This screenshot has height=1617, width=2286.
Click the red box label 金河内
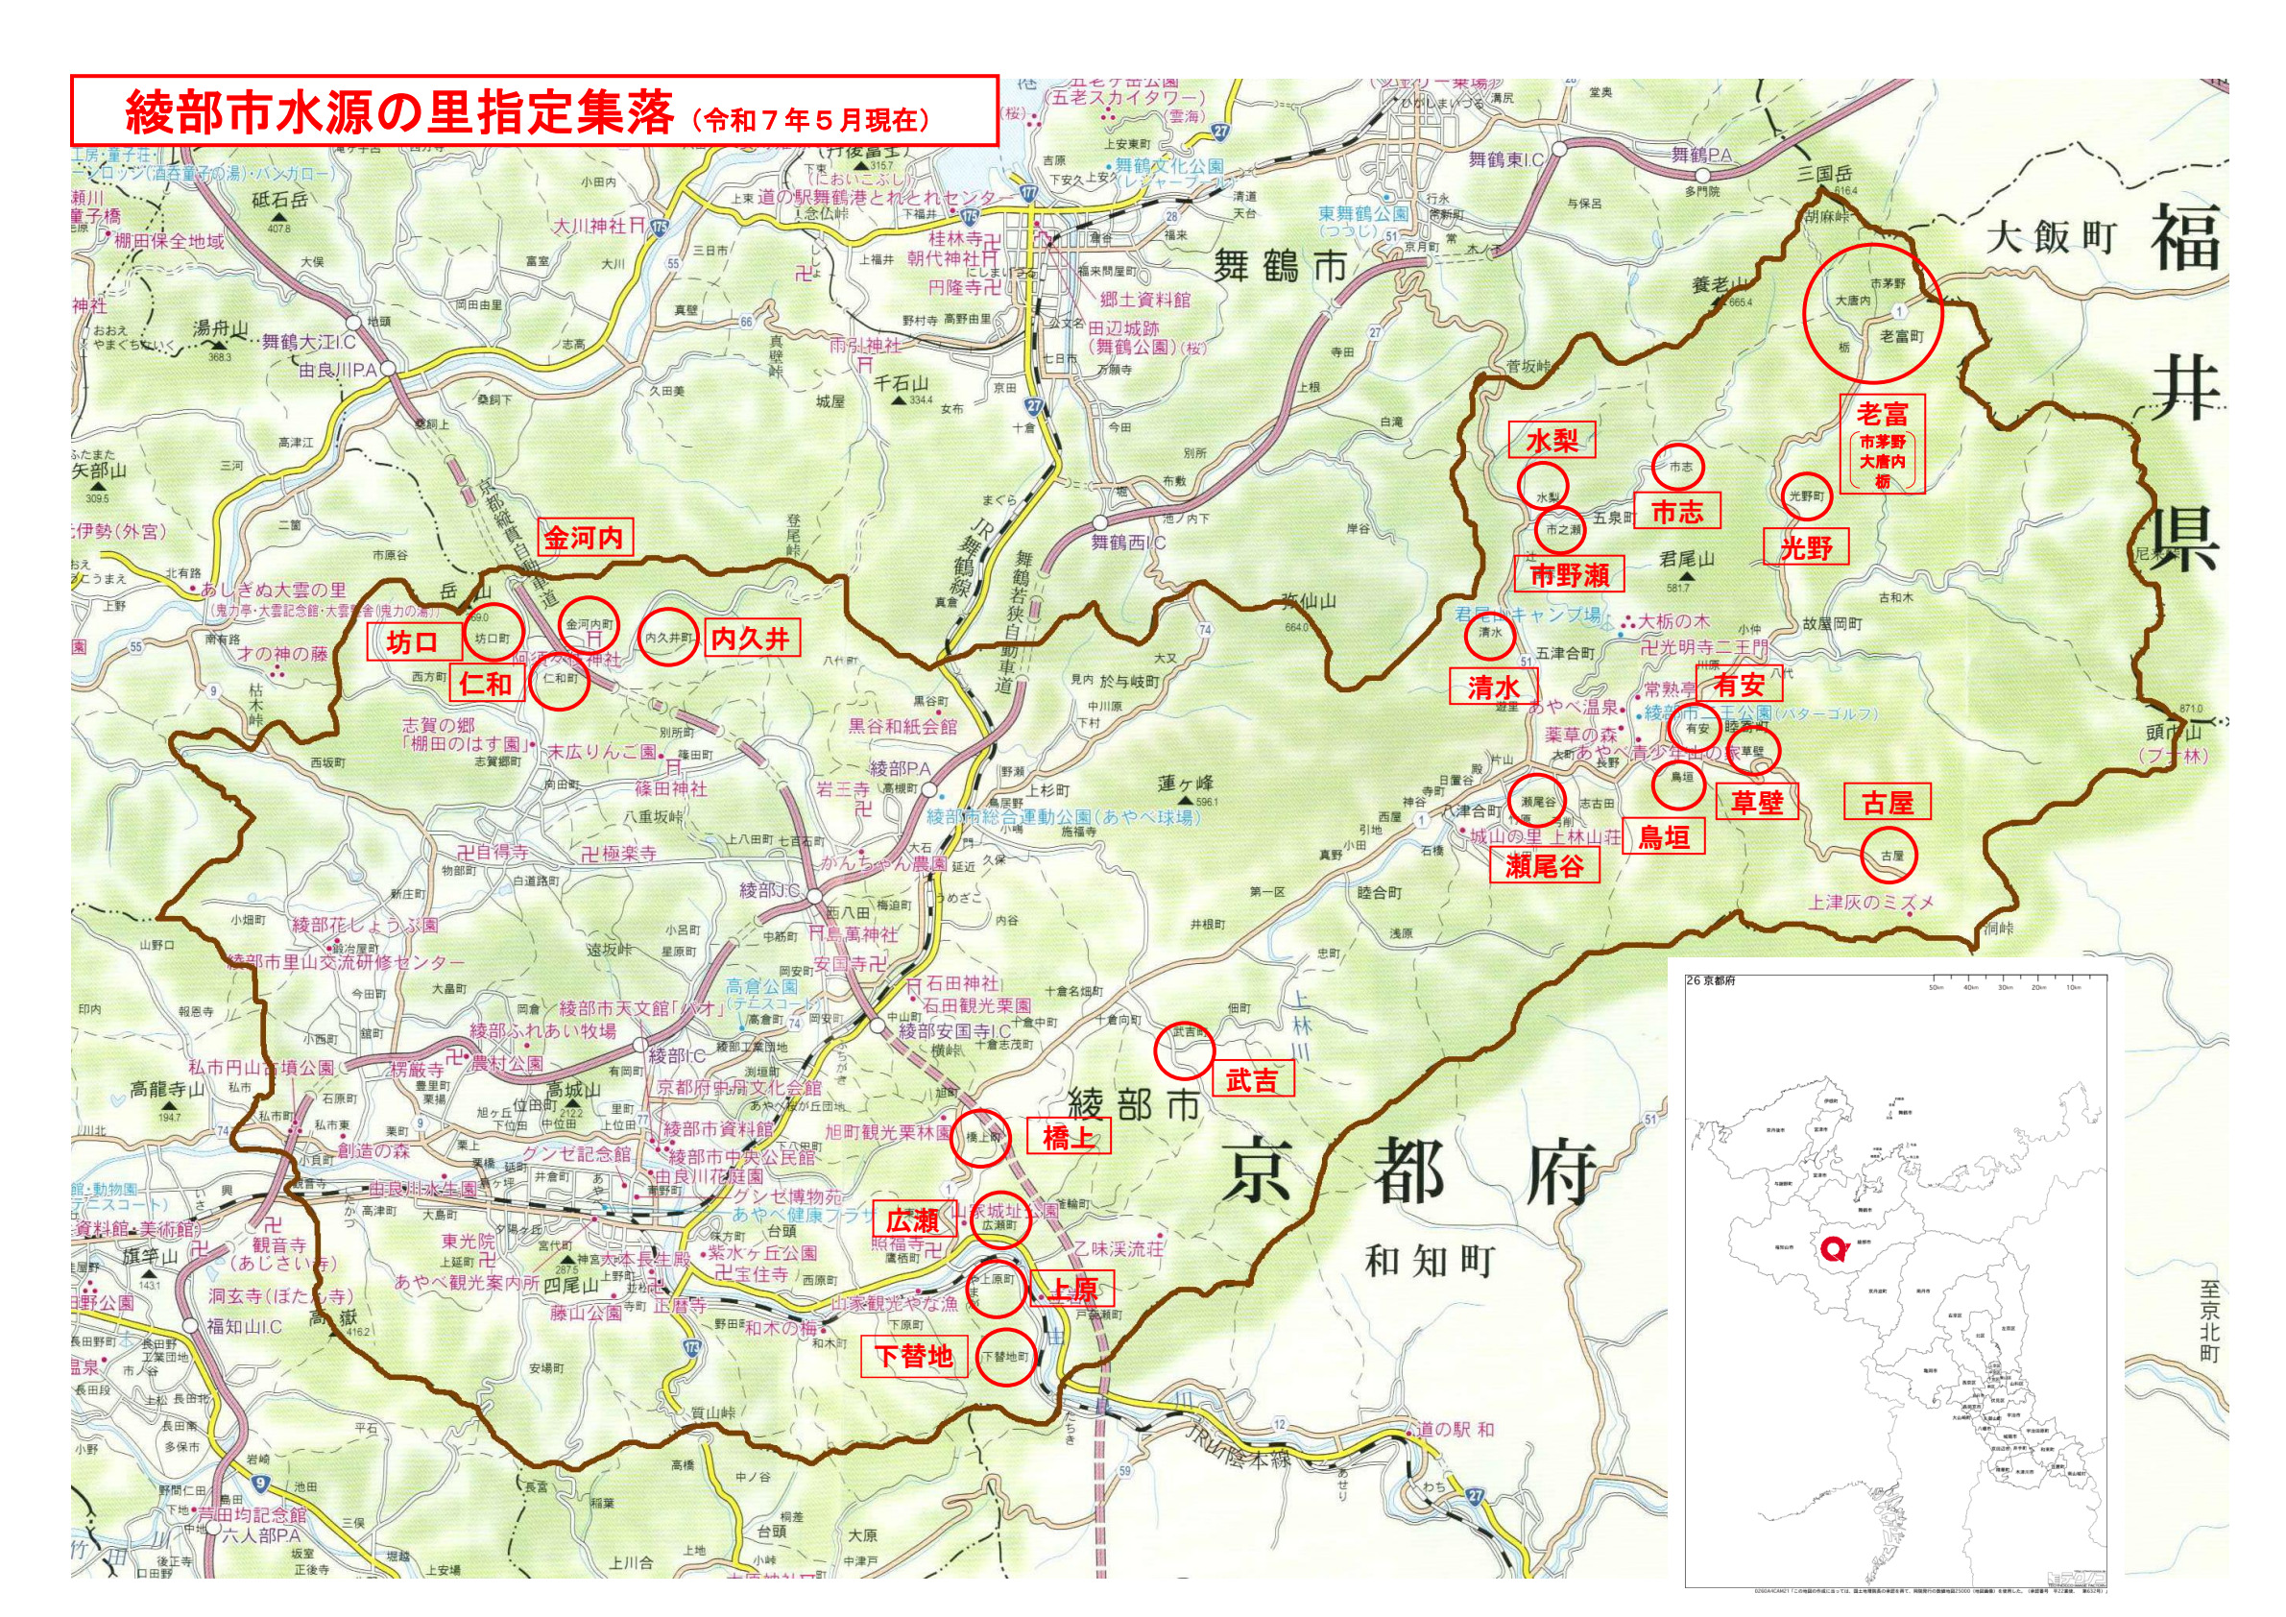click(x=584, y=539)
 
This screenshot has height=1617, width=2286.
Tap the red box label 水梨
click(x=1552, y=441)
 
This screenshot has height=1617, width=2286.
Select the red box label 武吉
click(x=1252, y=1080)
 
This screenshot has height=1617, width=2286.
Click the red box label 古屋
click(x=1887, y=803)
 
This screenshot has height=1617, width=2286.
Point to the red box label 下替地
click(x=913, y=1356)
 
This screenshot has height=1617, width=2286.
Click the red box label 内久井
click(x=751, y=640)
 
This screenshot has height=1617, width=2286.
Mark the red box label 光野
click(x=1806, y=547)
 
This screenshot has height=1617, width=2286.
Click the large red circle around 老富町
click(x=1872, y=314)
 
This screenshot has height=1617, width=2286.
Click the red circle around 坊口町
click(x=493, y=633)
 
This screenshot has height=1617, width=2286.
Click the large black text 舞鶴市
click(x=1280, y=267)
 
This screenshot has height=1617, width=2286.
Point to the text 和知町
click(x=1429, y=1261)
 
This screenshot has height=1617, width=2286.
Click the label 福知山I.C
click(x=244, y=1326)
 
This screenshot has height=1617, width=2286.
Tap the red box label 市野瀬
click(x=1569, y=575)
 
